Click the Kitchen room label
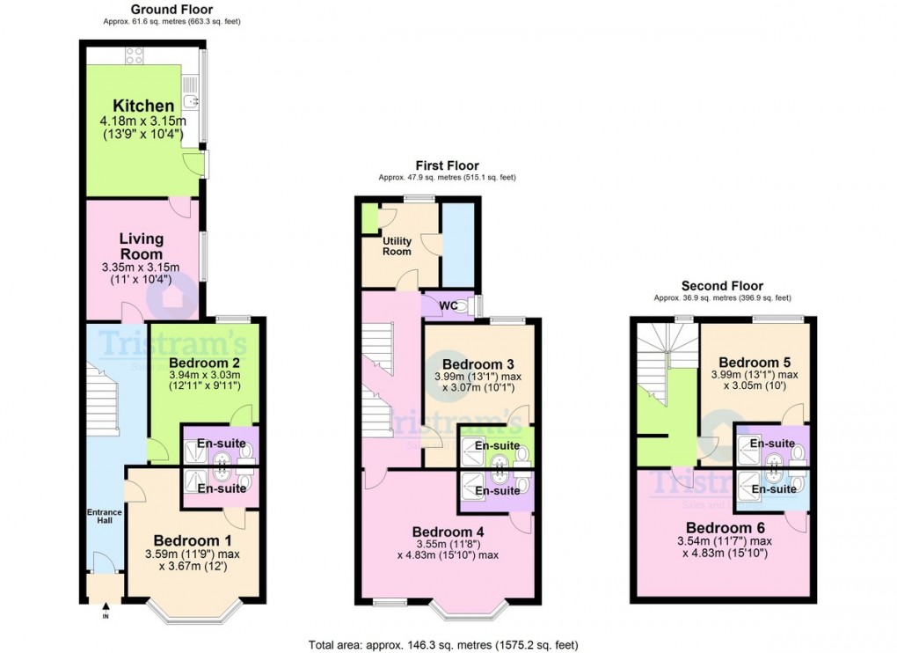click(143, 106)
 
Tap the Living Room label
click(142, 246)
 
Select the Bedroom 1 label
click(193, 540)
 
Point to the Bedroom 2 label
click(204, 362)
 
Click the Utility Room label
click(397, 246)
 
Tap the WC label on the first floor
click(448, 305)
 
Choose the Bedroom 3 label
click(478, 363)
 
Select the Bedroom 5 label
click(754, 362)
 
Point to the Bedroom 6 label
click(725, 527)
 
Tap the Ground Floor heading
click(171, 9)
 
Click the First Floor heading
click(447, 165)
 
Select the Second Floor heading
click(722, 286)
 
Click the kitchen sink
click(190, 93)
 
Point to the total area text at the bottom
click(442, 644)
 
